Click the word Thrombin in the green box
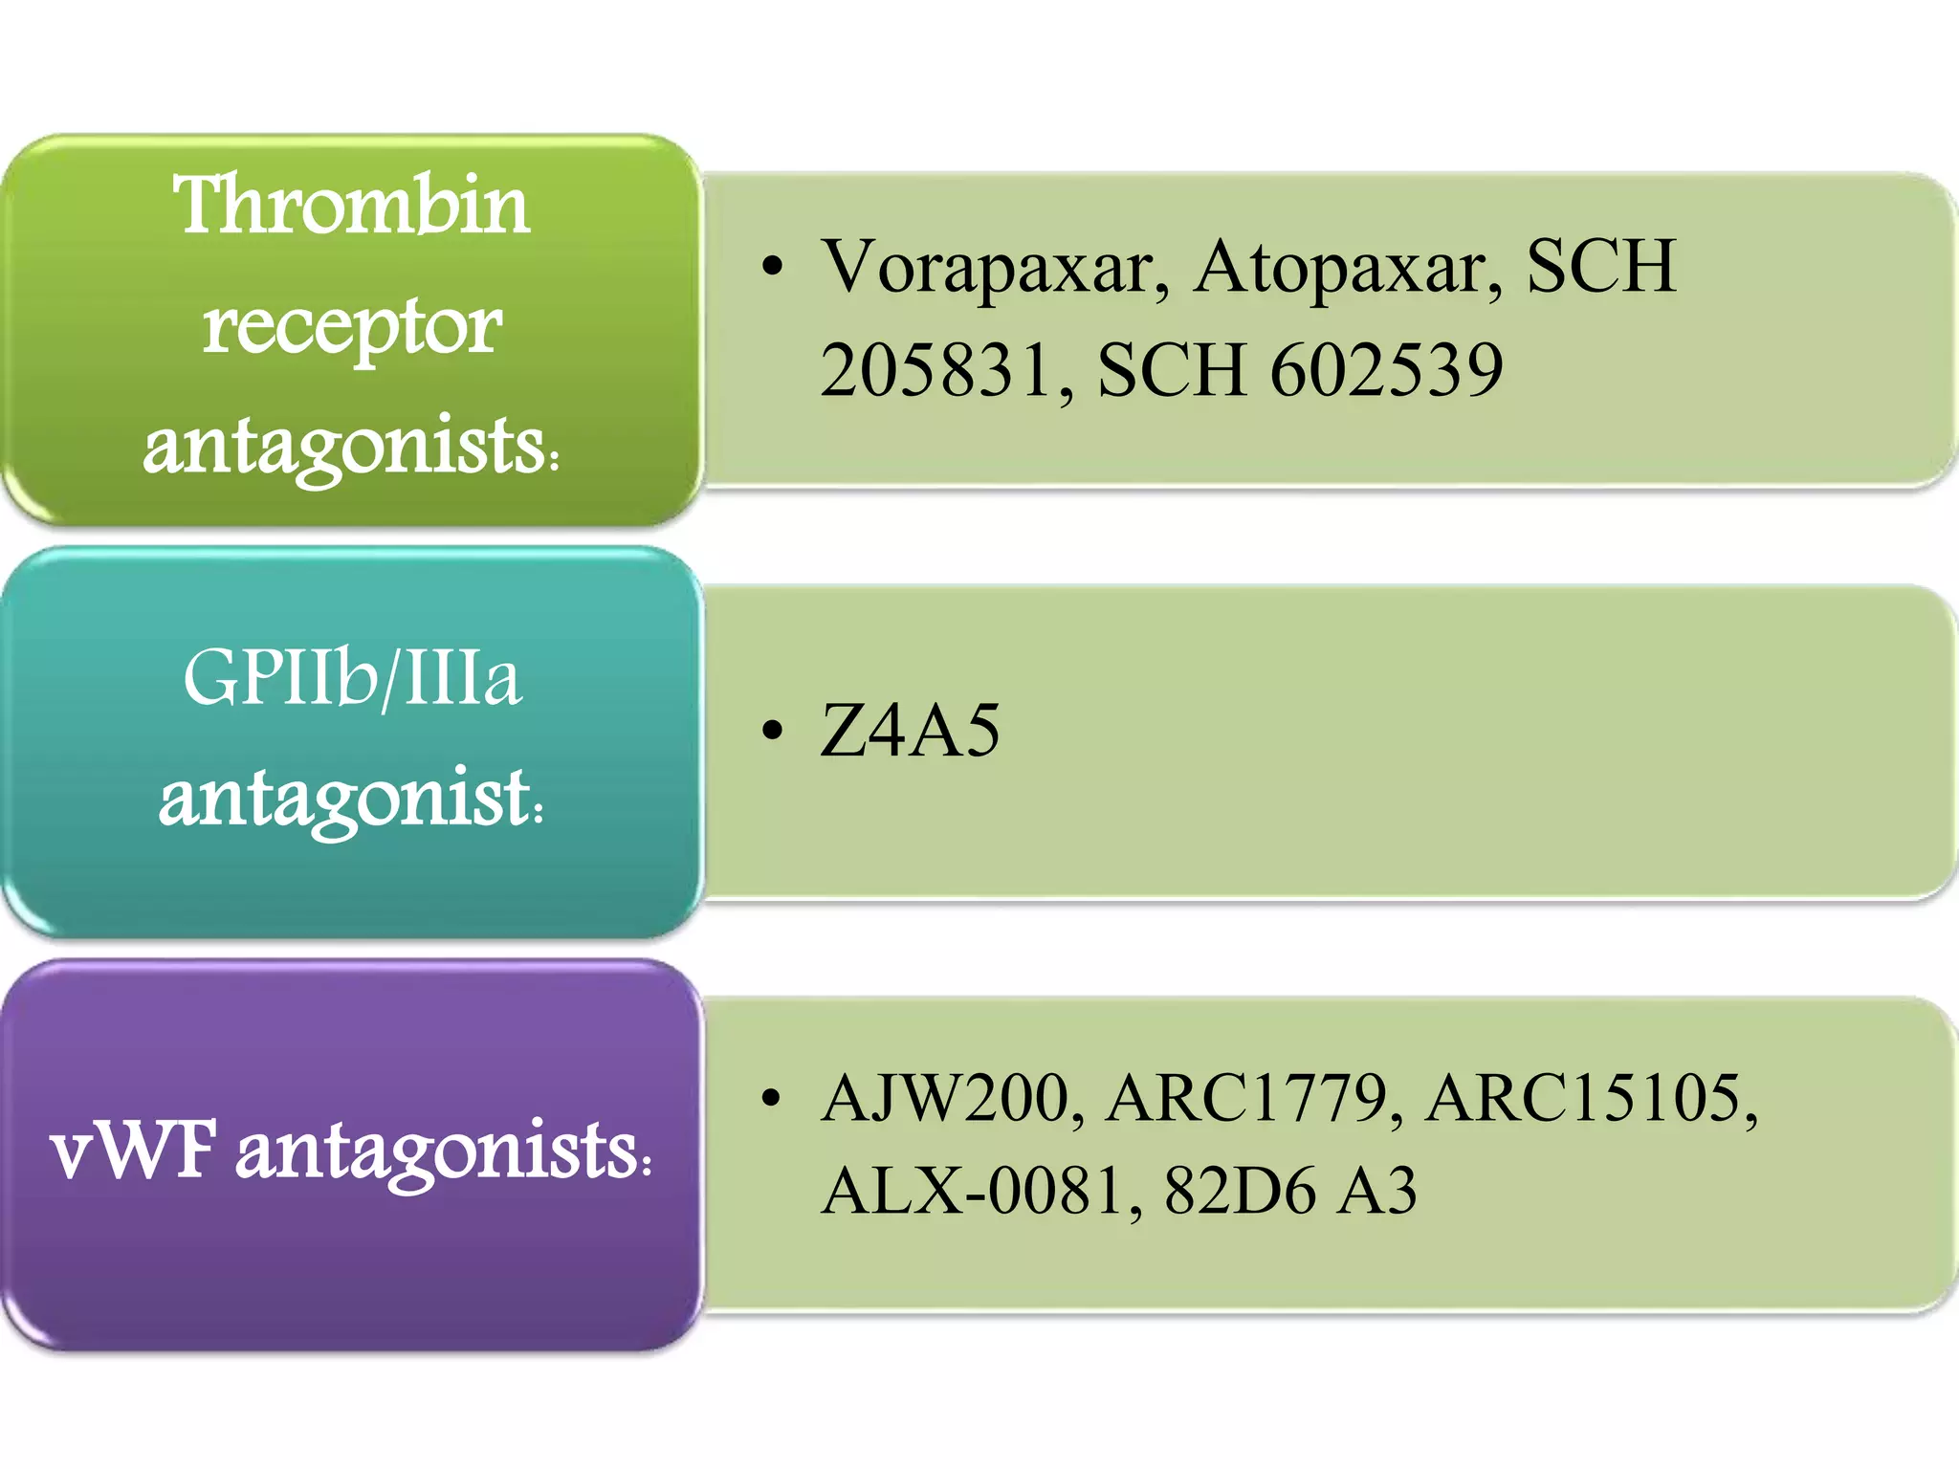[x=351, y=205]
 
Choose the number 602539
[x=1386, y=370]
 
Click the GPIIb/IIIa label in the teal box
[x=352, y=678]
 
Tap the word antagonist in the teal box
[x=344, y=798]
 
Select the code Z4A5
[x=910, y=731]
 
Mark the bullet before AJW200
[x=772, y=1098]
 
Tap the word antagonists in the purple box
[x=440, y=1151]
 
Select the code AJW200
[x=953, y=1098]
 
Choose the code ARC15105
[x=1589, y=1098]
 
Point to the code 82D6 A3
[x=1290, y=1192]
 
